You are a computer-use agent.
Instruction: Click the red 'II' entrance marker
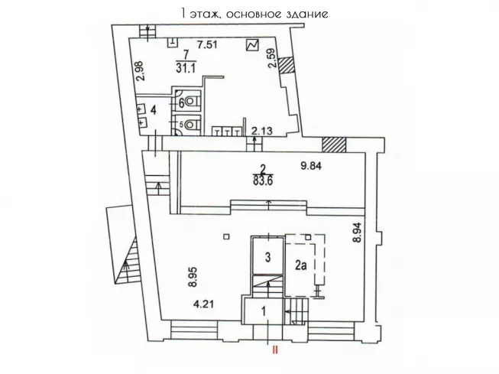point(274,350)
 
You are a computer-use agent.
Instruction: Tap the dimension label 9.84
point(311,166)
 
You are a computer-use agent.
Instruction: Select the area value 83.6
point(263,180)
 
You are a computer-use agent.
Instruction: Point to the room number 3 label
point(268,257)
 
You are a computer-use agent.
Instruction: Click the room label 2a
point(301,265)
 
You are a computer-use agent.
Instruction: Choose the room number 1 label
point(264,311)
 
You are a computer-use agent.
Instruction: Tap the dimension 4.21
point(204,304)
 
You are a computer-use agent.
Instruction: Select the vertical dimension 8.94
point(358,233)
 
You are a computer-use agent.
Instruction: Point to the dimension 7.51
point(207,44)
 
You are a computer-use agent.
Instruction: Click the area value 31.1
point(186,68)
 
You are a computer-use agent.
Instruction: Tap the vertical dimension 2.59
point(273,58)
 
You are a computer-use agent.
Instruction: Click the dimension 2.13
point(262,130)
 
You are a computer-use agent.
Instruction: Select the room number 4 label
point(154,110)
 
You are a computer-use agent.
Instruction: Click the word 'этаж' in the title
point(205,14)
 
